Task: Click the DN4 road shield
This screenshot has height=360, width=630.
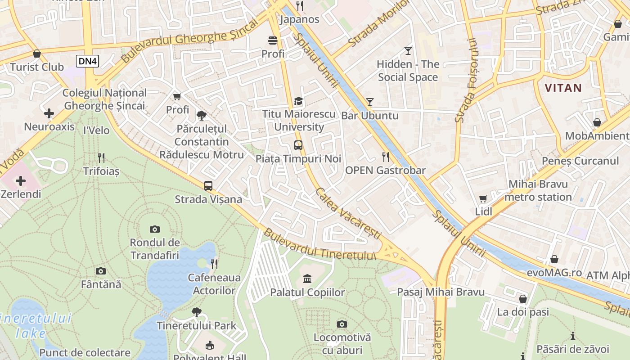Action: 87,61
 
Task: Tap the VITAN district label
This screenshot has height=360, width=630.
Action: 563,88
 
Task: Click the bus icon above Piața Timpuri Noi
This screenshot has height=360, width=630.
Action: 298,145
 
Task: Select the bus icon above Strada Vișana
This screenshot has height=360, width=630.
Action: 208,185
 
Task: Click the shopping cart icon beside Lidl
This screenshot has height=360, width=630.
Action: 483,198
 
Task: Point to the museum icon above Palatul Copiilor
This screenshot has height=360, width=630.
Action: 307,279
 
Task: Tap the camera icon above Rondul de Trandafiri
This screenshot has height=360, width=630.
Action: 155,229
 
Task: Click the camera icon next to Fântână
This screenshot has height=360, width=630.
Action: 101,271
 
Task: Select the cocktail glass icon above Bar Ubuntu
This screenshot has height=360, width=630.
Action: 369,102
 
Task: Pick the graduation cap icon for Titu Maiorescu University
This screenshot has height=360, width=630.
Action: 298,101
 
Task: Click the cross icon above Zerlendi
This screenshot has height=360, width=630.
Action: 21,181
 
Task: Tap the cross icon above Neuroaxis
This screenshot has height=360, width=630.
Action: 49,113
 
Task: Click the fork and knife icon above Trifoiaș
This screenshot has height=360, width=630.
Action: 101,157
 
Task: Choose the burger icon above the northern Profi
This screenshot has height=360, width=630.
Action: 273,40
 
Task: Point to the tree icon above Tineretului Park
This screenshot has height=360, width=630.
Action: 196,312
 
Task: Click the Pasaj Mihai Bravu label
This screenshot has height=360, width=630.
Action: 441,292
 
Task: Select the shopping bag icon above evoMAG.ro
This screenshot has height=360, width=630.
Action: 554,260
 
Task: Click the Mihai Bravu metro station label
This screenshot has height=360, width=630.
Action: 538,190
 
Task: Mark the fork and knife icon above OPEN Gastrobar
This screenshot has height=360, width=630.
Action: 385,157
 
